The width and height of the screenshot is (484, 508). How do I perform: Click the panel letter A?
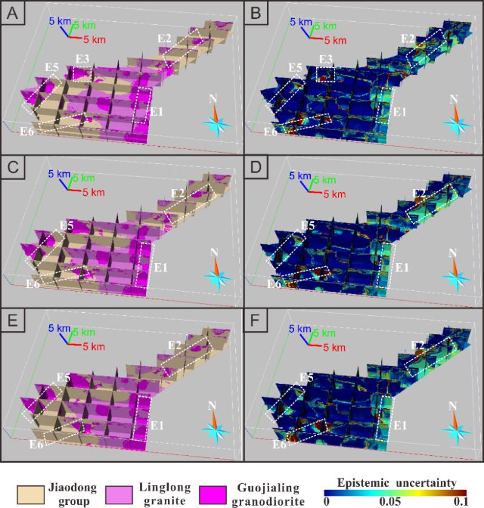(12, 12)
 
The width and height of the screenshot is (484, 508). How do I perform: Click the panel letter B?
(255, 12)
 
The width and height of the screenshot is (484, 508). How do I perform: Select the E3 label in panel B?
(326, 58)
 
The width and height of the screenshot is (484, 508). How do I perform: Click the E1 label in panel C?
(157, 267)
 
